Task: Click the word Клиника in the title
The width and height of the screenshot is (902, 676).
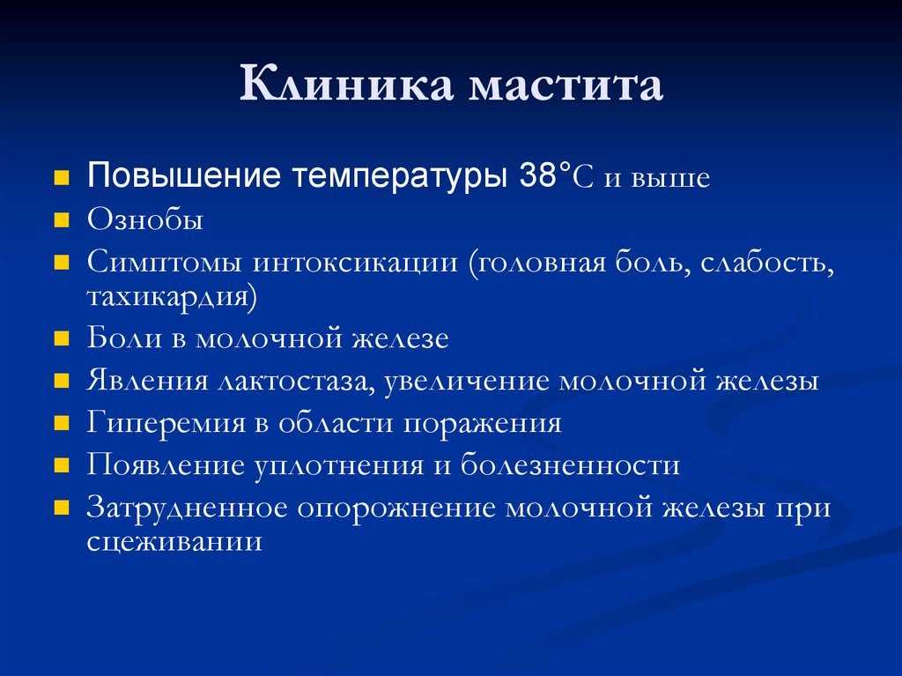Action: (x=346, y=84)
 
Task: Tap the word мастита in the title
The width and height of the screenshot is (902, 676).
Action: (x=566, y=87)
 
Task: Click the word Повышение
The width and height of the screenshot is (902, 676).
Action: (x=184, y=175)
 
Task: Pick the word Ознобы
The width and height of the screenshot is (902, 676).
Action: (x=145, y=219)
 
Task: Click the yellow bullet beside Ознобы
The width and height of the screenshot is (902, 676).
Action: (x=62, y=220)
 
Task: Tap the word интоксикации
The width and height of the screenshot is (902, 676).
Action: (x=355, y=264)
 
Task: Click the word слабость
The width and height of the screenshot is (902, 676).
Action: (x=767, y=264)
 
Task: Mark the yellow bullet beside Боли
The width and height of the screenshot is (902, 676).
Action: (x=62, y=338)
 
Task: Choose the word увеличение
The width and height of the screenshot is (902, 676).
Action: (x=467, y=382)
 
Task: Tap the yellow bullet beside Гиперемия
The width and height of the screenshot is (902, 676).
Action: (x=62, y=424)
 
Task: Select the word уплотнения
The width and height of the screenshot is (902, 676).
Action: (x=339, y=466)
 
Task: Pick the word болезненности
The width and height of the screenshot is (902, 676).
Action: (x=570, y=464)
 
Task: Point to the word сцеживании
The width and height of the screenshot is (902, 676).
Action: (x=175, y=542)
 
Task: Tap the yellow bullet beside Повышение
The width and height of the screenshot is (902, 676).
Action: (x=62, y=177)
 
